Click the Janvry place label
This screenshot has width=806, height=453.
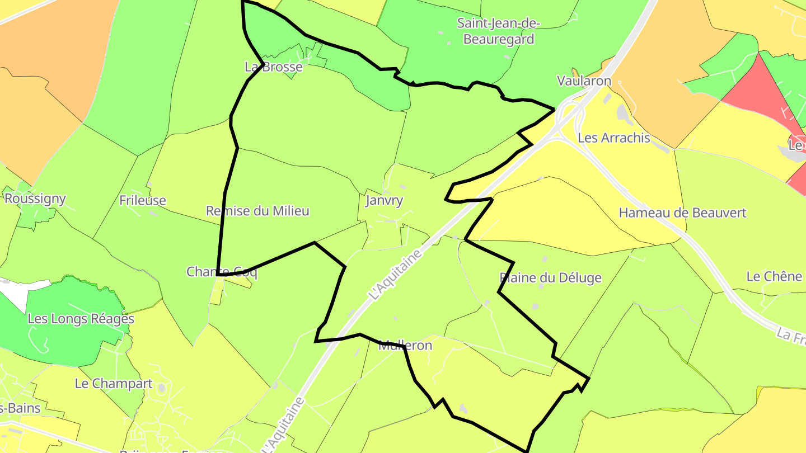click(384, 201)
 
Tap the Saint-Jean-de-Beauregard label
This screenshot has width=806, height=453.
click(498, 31)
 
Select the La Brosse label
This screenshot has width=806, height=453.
click(274, 67)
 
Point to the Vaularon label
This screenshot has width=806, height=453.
click(584, 81)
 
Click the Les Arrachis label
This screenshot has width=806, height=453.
click(614, 138)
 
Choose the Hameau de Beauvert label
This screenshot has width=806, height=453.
click(682, 213)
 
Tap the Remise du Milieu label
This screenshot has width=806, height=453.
click(257, 211)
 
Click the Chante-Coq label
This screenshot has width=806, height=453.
click(222, 272)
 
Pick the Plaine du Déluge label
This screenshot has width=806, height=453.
click(550, 278)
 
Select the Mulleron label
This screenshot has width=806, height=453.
click(405, 345)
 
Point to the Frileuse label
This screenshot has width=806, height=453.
click(143, 200)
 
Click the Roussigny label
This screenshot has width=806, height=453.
click(35, 199)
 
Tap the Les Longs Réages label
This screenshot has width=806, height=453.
click(81, 319)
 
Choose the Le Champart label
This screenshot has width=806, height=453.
click(114, 384)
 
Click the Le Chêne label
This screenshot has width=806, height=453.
click(774, 276)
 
